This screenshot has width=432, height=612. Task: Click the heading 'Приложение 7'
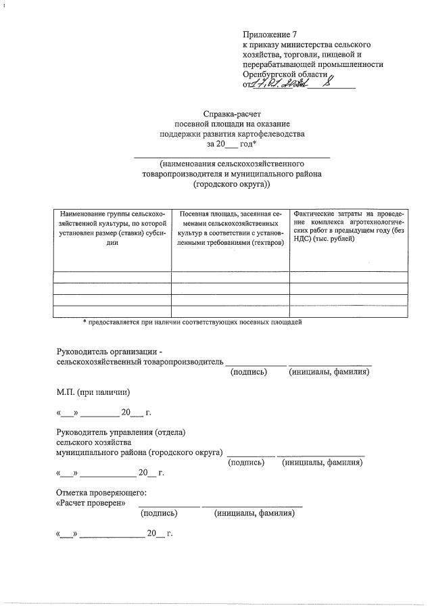pyautogui.click(x=270, y=34)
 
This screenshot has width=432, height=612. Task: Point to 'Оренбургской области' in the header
pyautogui.click(x=285, y=74)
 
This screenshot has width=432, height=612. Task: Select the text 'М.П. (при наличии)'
pyautogui.click(x=93, y=392)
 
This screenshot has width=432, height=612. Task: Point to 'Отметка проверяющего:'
pyautogui.click(x=101, y=493)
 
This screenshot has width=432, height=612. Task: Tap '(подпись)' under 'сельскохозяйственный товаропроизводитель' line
pyautogui.click(x=249, y=372)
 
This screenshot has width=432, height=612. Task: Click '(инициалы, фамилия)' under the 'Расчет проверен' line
pyautogui.click(x=254, y=513)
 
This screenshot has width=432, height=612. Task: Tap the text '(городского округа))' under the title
pyautogui.click(x=232, y=184)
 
